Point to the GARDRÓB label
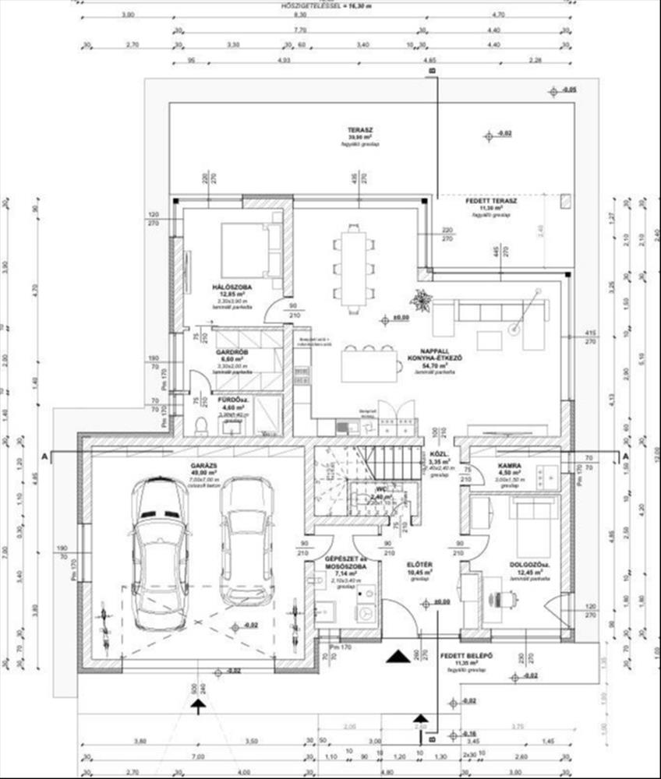coord(231,352)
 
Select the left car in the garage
coord(161,552)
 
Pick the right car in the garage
coord(247,540)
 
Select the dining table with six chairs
coord(353,265)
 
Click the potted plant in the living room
coord(422,300)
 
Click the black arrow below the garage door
coord(200,706)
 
